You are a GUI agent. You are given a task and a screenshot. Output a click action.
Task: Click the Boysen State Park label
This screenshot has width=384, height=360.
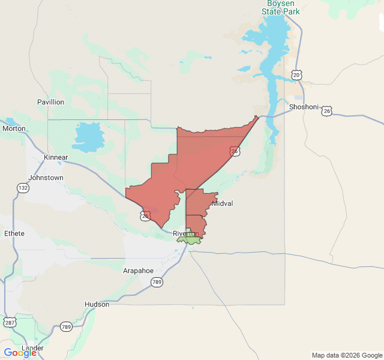tap(284, 7)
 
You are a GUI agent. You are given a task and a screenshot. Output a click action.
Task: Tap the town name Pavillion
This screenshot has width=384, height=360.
tap(50, 102)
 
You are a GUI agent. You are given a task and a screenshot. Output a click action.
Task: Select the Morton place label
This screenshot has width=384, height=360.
tap(14, 128)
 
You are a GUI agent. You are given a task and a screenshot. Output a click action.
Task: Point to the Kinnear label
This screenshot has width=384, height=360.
tap(56, 157)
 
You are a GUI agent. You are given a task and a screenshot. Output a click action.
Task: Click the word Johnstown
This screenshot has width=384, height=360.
tap(46, 178)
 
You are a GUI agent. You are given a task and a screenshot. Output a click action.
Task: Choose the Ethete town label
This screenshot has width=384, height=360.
tap(14, 233)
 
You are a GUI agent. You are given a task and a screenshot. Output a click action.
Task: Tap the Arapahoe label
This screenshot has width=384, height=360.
tap(139, 271)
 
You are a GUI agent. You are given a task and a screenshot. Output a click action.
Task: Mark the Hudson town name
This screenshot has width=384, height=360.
tap(97, 304)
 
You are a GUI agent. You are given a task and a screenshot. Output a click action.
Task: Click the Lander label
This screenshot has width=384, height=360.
tap(32, 348)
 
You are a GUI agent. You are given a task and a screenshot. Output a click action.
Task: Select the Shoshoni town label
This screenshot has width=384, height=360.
tap(304, 107)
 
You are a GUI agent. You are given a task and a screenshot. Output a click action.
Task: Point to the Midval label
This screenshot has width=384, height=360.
tap(222, 203)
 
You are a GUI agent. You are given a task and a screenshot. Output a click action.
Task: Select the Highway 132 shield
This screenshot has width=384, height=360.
tap(23, 188)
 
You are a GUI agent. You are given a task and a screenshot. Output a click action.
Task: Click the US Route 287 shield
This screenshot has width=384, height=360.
tap(10, 322)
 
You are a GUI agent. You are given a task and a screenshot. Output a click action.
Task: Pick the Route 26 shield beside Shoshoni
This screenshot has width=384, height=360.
tap(326, 111)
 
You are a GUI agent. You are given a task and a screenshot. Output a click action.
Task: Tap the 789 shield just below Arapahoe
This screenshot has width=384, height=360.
tap(157, 282)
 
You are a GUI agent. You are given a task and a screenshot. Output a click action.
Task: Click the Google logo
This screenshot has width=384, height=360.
tap(20, 353)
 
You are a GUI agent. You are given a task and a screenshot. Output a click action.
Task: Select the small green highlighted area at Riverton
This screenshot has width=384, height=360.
tap(191, 238)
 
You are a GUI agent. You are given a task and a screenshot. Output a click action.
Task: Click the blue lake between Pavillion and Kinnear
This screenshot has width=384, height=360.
tap(88, 136)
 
